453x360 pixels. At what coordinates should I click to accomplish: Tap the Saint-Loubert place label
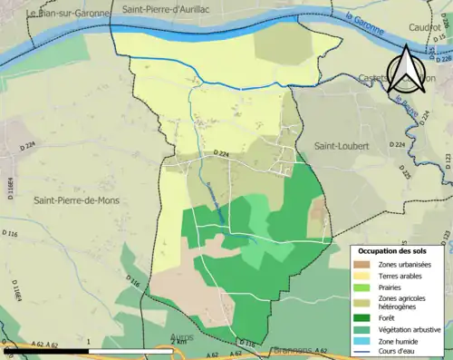pyautogui.click(x=338, y=145)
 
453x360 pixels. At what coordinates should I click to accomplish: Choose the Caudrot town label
pyautogui.click(x=418, y=28)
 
